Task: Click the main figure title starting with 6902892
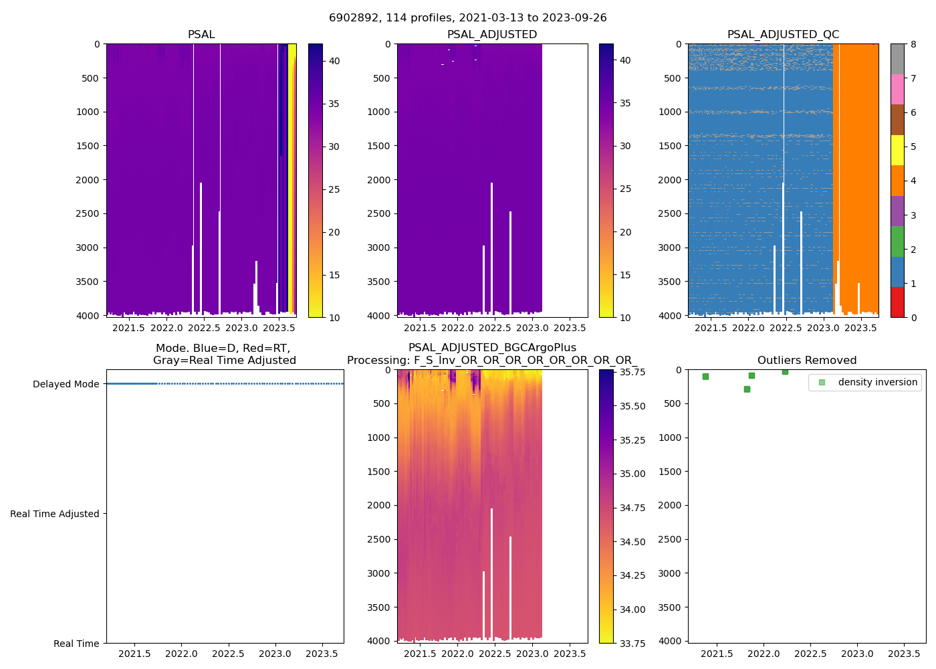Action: click(467, 18)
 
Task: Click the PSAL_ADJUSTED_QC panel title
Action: click(783, 35)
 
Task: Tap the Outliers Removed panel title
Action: click(806, 361)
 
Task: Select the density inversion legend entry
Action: click(877, 382)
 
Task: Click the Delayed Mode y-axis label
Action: click(66, 384)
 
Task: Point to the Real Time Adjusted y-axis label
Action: click(55, 514)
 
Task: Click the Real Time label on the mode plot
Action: click(76, 644)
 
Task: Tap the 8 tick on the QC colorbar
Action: click(913, 44)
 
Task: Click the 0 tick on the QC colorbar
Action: click(913, 317)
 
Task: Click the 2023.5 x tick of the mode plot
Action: click(323, 654)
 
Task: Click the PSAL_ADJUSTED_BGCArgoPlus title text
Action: click(492, 348)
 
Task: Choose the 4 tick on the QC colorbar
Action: click(913, 181)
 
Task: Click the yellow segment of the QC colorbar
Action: click(897, 151)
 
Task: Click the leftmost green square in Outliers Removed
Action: click(705, 377)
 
